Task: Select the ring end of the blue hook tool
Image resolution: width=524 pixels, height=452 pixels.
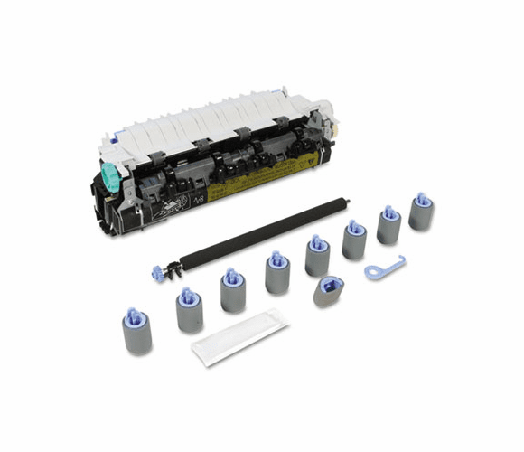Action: (370, 271)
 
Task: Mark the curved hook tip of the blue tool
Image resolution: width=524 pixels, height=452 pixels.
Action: (399, 260)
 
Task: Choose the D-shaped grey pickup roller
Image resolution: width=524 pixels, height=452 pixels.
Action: (326, 291)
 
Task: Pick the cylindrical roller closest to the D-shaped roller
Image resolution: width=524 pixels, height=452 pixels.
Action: (317, 258)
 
